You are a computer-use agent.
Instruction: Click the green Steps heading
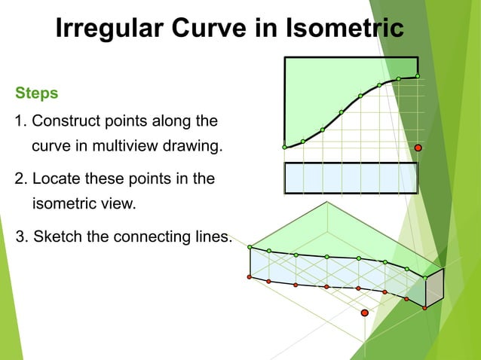tap(37, 94)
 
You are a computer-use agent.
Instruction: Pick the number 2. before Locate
tap(21, 178)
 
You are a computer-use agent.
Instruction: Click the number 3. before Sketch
tap(22, 236)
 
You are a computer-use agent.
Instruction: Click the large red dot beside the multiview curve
tap(418, 148)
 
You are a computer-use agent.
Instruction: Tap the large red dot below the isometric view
tap(365, 312)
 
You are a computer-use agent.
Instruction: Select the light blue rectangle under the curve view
tap(351, 178)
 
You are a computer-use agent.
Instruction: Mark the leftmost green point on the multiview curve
tap(284, 147)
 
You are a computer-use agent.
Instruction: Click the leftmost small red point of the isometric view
tap(250, 276)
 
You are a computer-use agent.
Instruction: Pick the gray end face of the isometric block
tap(435, 287)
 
